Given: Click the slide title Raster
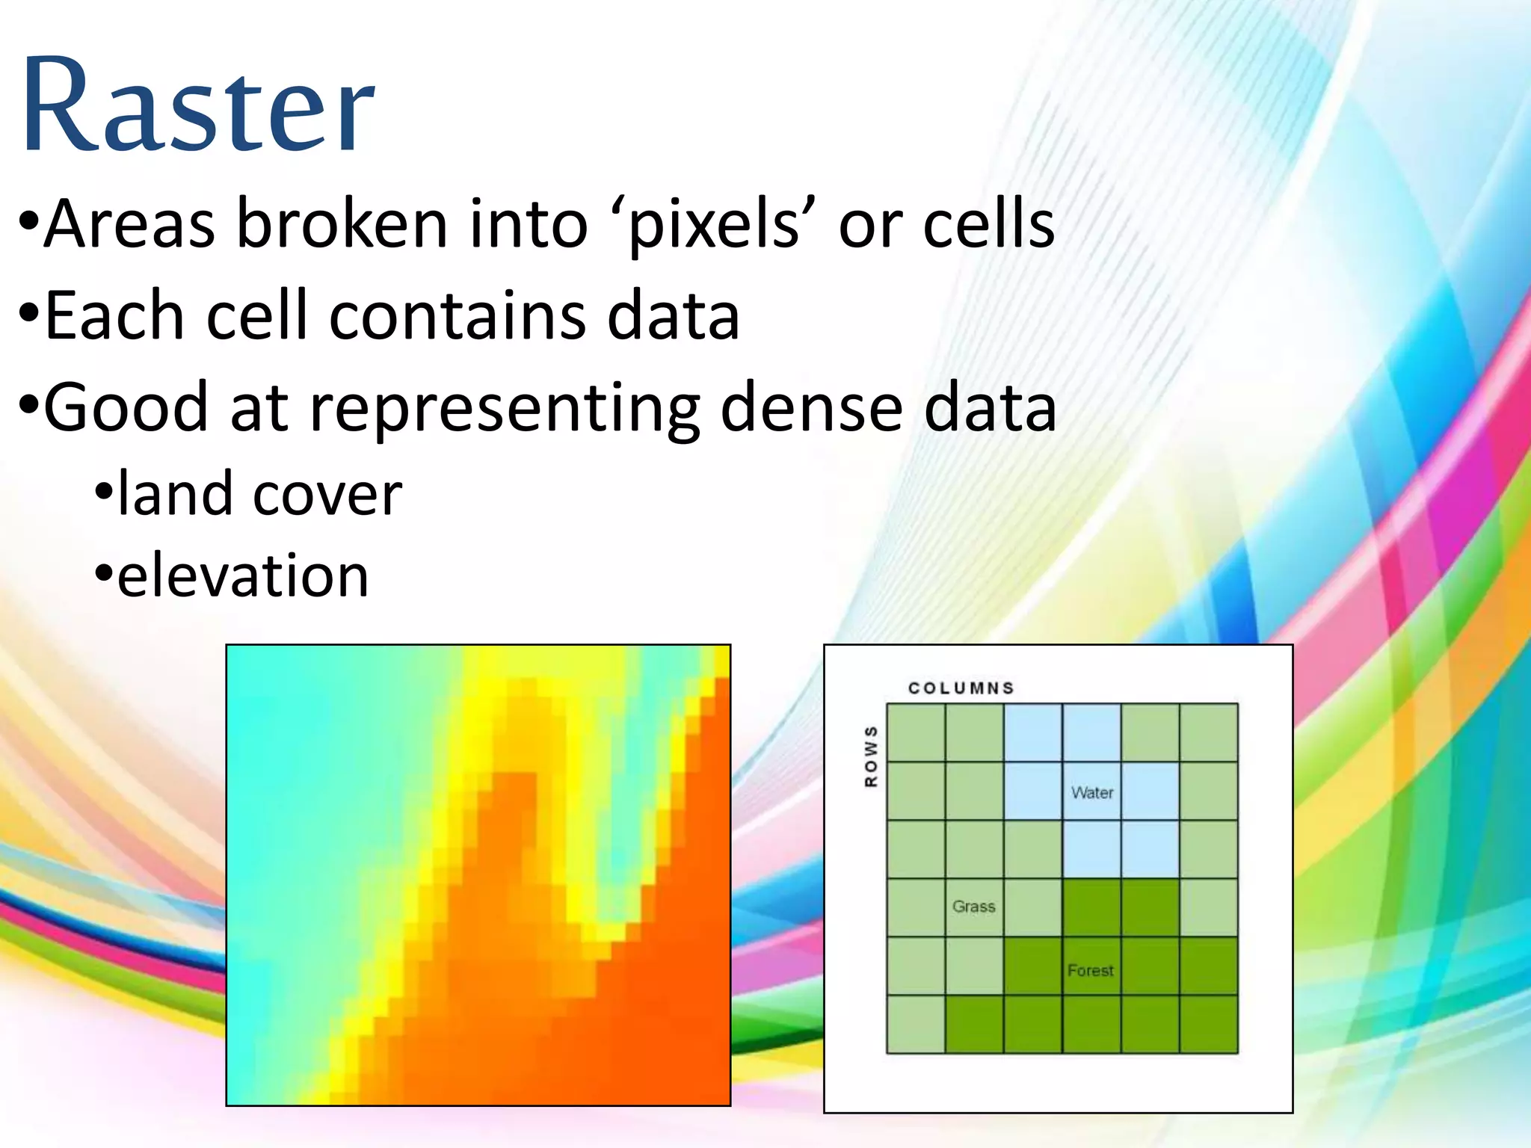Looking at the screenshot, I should pyautogui.click(x=198, y=105).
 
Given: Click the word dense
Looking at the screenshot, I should pyautogui.click(x=811, y=407).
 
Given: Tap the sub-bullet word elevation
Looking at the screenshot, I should pyautogui.click(x=243, y=575).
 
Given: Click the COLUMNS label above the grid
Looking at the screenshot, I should pyautogui.click(x=961, y=688).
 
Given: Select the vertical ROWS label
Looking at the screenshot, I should pyautogui.click(x=871, y=756).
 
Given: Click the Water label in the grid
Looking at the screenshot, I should pyautogui.click(x=1092, y=792).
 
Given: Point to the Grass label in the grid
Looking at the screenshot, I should pyautogui.click(x=973, y=907).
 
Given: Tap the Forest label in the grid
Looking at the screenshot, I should pyautogui.click(x=1090, y=970).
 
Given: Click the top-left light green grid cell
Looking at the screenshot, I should pyautogui.click(x=916, y=732).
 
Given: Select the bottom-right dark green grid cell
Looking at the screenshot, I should pyautogui.click(x=1209, y=1024).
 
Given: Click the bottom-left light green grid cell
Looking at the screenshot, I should pyautogui.click(x=916, y=1024).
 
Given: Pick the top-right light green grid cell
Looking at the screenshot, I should pyautogui.click(x=1209, y=732).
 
